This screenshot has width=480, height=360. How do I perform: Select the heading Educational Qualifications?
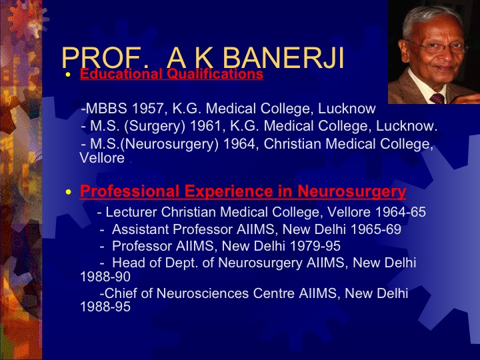171,74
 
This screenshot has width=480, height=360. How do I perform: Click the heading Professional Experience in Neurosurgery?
243,191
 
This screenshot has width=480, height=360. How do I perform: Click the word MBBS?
106,109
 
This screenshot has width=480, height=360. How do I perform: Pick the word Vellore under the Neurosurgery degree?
102,158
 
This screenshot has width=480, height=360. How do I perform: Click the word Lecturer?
131,212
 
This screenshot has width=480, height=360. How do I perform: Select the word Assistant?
141,229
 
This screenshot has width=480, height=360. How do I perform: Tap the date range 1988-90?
105,277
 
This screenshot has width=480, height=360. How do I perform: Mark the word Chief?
121,293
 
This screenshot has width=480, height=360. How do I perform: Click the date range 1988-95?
105,307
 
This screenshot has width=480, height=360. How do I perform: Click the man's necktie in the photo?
437,99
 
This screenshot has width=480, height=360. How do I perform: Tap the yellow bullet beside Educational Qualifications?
68,75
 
